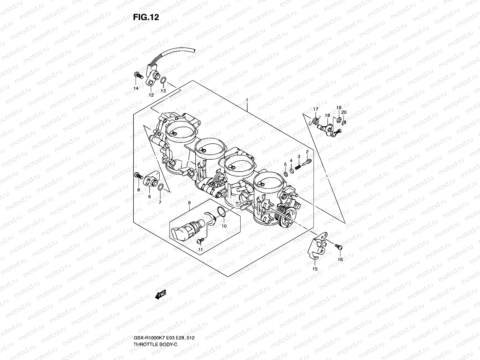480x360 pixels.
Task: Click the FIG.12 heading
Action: click(x=146, y=17)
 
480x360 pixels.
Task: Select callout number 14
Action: click(x=136, y=88)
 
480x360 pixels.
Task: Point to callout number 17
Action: click(x=316, y=109)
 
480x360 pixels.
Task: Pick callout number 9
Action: click(x=189, y=203)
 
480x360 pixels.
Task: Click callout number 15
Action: click(x=315, y=269)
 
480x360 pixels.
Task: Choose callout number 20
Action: click(x=344, y=112)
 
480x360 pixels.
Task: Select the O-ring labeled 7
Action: click(x=160, y=187)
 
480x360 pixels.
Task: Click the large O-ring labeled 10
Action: click(x=221, y=211)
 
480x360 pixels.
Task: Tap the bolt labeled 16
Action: click(x=339, y=247)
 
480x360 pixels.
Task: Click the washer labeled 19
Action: click(x=339, y=120)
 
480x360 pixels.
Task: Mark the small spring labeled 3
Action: click(x=298, y=166)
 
